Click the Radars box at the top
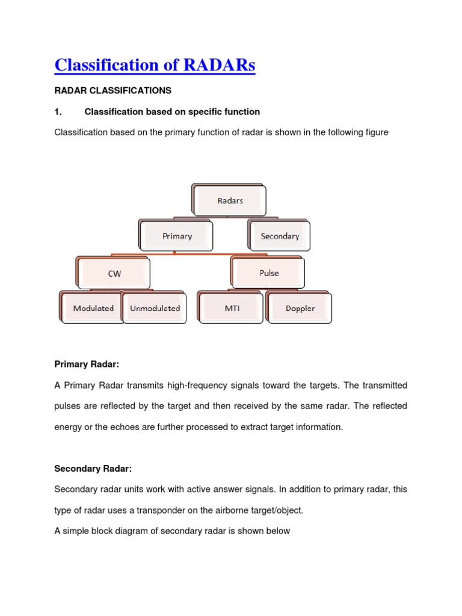pyautogui.click(x=230, y=201)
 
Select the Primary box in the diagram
pyautogui.click(x=177, y=236)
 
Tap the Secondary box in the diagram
pyautogui.click(x=280, y=236)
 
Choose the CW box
pyautogui.click(x=114, y=274)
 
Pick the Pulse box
pyautogui.click(x=269, y=273)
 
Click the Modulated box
pyautogui.click(x=93, y=309)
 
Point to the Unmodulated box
pyautogui.click(x=155, y=309)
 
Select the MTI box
pyautogui.click(x=232, y=309)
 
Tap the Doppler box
pyautogui.click(x=300, y=309)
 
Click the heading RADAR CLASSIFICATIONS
pyautogui.click(x=112, y=91)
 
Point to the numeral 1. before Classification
pyautogui.click(x=58, y=111)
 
